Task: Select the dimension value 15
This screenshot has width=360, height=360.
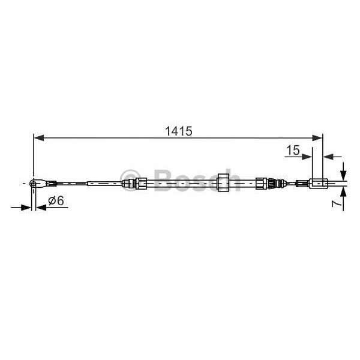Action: click(292, 151)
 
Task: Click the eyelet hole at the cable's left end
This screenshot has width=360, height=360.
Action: click(35, 182)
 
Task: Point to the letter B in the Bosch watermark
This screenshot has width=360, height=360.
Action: click(163, 179)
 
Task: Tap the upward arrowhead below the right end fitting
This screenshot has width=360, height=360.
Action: click(342, 192)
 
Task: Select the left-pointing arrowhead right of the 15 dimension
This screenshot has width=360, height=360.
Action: click(328, 157)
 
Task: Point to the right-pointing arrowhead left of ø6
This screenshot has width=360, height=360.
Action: click(26, 208)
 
